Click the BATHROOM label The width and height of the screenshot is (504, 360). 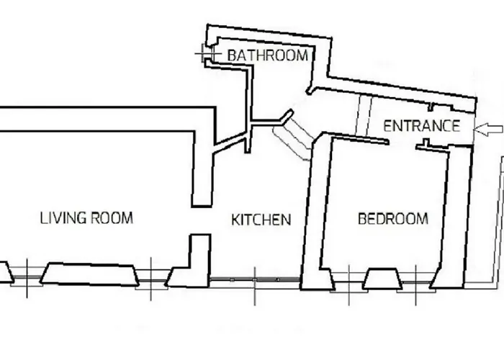267,55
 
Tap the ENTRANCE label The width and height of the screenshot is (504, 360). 421,126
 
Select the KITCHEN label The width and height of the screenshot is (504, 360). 261,220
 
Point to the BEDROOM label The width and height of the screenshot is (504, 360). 393,219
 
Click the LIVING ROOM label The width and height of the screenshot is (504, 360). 86,218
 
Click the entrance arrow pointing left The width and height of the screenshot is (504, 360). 488,129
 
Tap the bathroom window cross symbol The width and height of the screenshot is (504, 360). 208,53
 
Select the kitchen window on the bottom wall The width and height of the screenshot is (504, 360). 255,280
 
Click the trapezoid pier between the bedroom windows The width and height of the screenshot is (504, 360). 382,279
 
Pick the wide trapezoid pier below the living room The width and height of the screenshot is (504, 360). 89,274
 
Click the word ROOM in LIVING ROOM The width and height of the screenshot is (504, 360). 112,218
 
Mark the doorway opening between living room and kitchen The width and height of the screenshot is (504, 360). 201,221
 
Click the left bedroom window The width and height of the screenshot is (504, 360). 349,282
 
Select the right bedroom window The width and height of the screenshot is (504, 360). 416,282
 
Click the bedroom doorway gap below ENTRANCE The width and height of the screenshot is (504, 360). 402,143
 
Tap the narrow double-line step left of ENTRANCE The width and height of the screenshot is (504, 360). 364,116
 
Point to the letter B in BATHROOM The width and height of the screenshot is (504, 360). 232,55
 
